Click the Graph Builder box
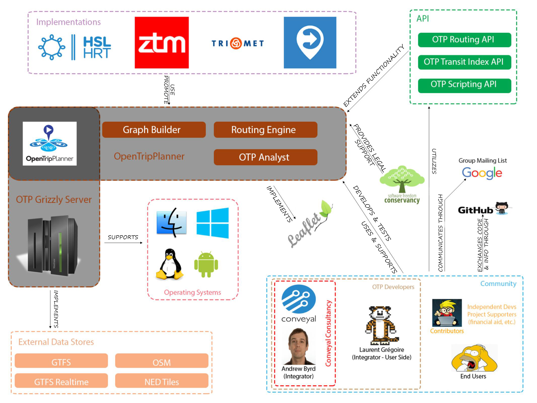click(154, 130)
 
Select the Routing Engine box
click(265, 130)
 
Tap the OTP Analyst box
click(265, 157)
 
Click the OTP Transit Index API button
click(464, 62)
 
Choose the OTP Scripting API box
click(464, 85)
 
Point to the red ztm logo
click(162, 43)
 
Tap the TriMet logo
click(237, 43)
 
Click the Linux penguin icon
click(170, 264)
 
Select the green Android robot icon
click(206, 264)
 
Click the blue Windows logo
click(212, 223)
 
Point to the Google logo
click(482, 173)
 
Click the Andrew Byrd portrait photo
click(299, 346)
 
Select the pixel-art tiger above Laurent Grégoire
click(381, 325)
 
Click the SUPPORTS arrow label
click(123, 237)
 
